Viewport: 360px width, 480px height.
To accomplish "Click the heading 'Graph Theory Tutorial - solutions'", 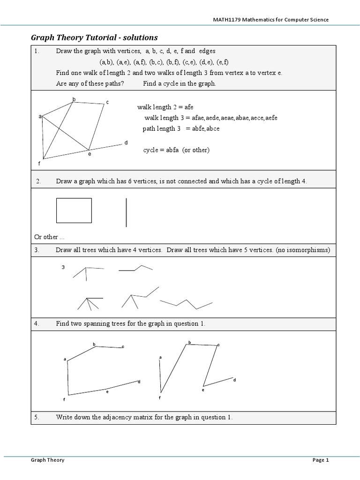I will [94, 37].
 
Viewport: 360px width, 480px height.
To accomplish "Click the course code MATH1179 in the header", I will [225, 19].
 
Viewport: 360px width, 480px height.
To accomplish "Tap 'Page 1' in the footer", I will [321, 460].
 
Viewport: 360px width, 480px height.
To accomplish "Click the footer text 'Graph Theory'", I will [47, 460].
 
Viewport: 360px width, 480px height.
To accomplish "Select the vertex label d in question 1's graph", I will [126, 142].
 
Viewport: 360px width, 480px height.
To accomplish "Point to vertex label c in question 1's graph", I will [107, 102].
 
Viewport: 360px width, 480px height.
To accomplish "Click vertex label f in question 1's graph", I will [39, 164].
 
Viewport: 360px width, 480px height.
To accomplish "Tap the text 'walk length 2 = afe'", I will [165, 107].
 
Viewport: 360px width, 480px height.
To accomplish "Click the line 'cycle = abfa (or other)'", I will [176, 150].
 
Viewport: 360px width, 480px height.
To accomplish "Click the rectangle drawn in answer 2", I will [74, 210].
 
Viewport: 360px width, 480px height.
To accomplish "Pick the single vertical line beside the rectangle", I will [126, 212].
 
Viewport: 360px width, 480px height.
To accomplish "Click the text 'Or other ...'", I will [49, 237].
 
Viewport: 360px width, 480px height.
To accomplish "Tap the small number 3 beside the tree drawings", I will [63, 267].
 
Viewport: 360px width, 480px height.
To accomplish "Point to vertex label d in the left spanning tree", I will [139, 382].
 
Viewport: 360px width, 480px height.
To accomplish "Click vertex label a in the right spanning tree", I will [160, 358].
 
